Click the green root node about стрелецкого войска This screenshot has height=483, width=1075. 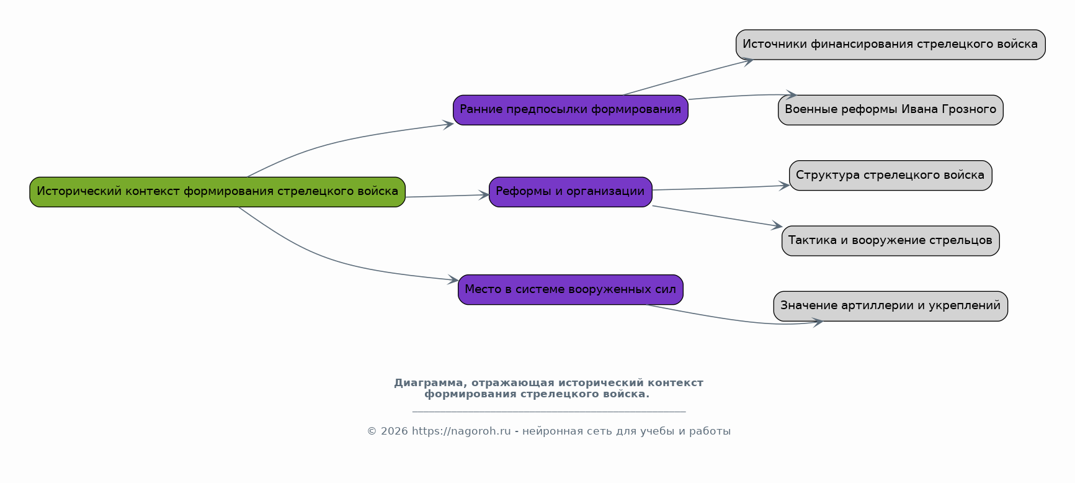point(217,192)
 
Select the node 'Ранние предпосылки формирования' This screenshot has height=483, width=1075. point(571,110)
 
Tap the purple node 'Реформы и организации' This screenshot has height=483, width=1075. point(571,192)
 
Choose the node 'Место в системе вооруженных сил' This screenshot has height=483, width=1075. point(571,290)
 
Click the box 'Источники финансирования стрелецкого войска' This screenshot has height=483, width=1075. point(891,45)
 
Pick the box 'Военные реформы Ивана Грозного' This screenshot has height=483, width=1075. point(891,110)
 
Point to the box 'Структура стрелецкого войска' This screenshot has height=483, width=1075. point(891,176)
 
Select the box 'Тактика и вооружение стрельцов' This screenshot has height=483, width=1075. point(891,241)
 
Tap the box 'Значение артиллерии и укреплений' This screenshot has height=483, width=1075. point(891,306)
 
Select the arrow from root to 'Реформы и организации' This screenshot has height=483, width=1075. point(447,196)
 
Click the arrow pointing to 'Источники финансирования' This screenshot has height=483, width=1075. point(689,77)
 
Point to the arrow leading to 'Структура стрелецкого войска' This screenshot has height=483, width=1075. point(721,188)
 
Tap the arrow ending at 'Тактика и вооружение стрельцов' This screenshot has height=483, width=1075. point(717,216)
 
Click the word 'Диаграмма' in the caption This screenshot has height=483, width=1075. point(428,383)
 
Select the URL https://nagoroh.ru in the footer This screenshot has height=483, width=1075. point(461,431)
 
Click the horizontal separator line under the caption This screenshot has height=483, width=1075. point(549,411)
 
